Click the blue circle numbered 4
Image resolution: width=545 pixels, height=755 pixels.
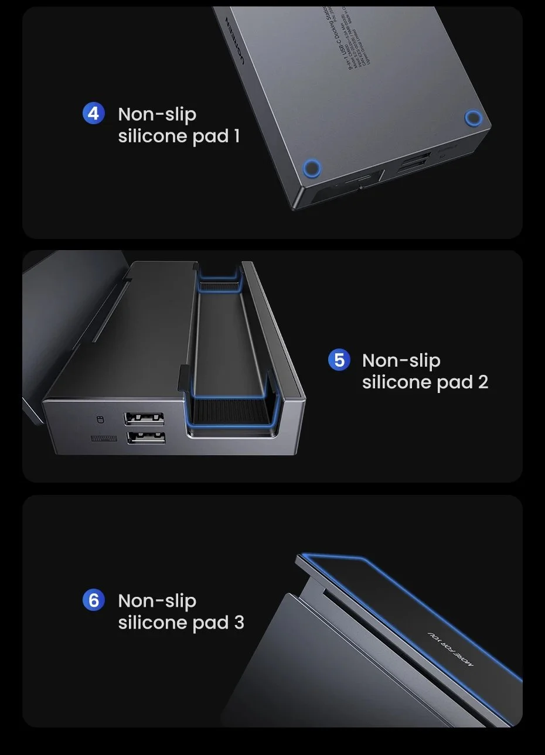pos(94,113)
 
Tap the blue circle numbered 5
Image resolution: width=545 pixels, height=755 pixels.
pos(339,359)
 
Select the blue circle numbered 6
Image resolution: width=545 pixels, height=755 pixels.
pos(94,600)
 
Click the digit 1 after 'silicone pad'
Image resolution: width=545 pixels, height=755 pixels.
pos(236,136)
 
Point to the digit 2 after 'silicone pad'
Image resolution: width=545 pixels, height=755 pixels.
pos(482,382)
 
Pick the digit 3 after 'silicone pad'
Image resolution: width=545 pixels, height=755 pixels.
pos(239,623)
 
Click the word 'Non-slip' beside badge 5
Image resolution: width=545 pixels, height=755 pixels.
pos(401,360)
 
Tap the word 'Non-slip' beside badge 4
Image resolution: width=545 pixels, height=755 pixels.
pos(157,114)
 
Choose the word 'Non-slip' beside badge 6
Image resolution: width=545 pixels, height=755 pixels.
pos(157,601)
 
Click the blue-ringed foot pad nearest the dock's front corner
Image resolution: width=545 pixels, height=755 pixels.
pos(312,169)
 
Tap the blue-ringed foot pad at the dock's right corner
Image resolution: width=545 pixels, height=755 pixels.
pos(472,118)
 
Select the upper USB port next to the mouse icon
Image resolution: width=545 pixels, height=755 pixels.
pos(144,418)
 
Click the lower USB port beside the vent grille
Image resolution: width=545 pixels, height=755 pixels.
pos(144,437)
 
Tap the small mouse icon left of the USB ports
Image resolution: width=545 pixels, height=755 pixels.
pos(99,419)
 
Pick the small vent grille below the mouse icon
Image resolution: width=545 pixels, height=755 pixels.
pos(104,439)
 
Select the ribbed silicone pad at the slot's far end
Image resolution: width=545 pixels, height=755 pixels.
pos(219,286)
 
